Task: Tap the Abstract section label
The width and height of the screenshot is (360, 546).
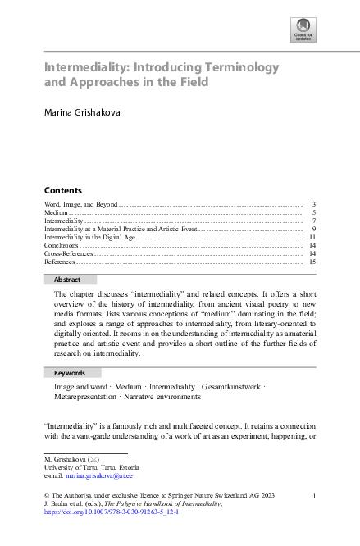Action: (67, 280)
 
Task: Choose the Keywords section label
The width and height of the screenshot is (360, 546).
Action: (69, 372)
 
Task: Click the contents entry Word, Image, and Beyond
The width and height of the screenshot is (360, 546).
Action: (80, 202)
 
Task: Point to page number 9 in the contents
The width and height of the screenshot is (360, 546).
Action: (314, 228)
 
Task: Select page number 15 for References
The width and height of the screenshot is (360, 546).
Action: (312, 262)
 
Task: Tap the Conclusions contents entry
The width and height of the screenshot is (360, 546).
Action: (62, 245)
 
